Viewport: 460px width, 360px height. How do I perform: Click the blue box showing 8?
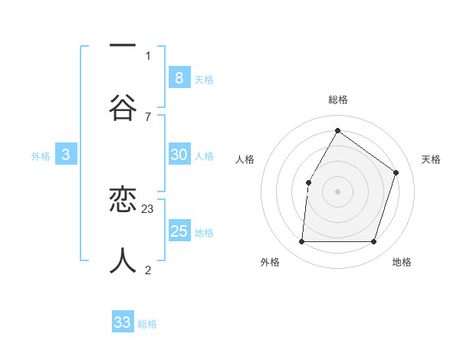179,77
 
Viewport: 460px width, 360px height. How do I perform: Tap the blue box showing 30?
179,155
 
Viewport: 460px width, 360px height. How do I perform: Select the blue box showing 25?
179,231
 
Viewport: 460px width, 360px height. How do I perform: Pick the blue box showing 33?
123,322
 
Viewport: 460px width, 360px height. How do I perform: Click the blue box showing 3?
66,155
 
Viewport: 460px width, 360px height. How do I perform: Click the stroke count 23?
148,209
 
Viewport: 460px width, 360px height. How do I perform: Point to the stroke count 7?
148,116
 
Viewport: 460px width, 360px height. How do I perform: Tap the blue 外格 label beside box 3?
41,156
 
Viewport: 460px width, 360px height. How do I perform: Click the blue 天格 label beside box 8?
204,79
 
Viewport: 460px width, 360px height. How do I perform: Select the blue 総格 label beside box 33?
147,324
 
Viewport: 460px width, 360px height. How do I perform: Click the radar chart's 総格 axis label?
337,100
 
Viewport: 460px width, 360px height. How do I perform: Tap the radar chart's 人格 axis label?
245,159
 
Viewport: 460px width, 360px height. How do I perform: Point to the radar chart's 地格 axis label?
402,262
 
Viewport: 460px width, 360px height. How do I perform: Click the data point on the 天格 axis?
396,172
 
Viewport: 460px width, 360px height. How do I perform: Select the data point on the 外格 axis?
301,241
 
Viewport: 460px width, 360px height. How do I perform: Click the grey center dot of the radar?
337,191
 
